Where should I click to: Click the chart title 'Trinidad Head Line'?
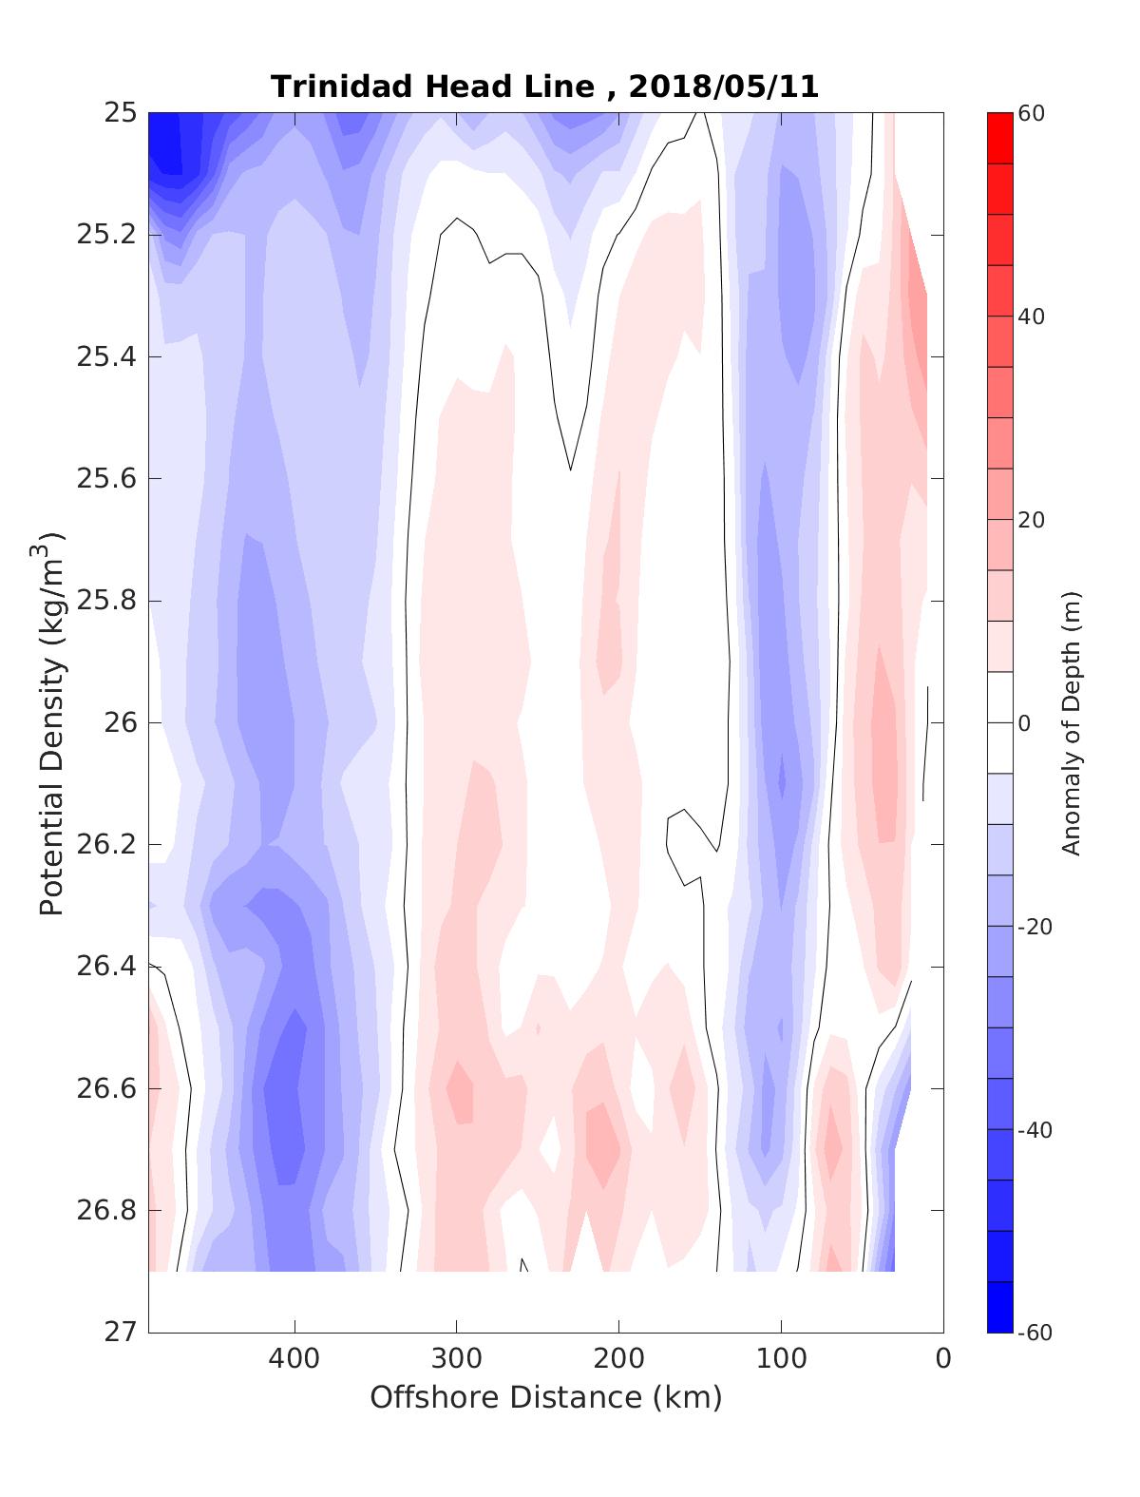pos(432,86)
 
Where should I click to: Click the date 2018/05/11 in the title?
pos(723,86)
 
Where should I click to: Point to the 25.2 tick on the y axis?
pos(106,235)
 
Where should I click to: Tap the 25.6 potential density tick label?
pos(106,479)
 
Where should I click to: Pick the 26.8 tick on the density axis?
pos(106,1211)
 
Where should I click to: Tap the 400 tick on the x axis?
pos(294,1359)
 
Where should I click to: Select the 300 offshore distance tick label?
pos(457,1359)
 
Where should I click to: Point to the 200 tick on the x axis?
pos(619,1359)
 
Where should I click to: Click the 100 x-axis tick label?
pos(782,1359)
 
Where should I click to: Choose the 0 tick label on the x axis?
pos(943,1359)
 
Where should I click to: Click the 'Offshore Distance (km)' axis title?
pos(546,1398)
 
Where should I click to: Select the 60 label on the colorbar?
pos(1032,114)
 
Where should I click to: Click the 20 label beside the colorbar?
pos(1032,520)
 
